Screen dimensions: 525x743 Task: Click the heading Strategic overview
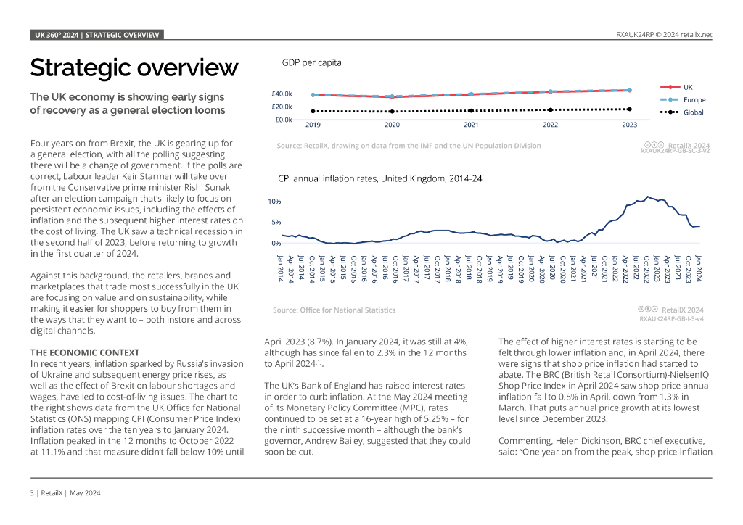click(134, 68)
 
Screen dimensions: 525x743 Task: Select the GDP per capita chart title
click(311, 63)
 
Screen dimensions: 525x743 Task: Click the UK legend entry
click(688, 87)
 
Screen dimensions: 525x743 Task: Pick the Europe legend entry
click(694, 100)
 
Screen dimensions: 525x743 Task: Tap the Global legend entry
click(693, 112)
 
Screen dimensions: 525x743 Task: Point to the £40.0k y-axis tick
click(282, 94)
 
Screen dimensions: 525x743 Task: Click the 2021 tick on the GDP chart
click(471, 125)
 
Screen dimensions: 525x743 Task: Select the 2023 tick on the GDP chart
click(630, 125)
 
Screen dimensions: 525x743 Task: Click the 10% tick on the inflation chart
click(275, 201)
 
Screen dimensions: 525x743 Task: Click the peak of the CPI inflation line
click(647, 196)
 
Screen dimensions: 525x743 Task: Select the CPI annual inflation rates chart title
click(380, 178)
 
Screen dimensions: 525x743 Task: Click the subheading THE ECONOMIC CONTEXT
click(84, 352)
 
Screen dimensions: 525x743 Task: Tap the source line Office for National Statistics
click(334, 310)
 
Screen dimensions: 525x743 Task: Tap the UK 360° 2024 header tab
click(97, 34)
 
